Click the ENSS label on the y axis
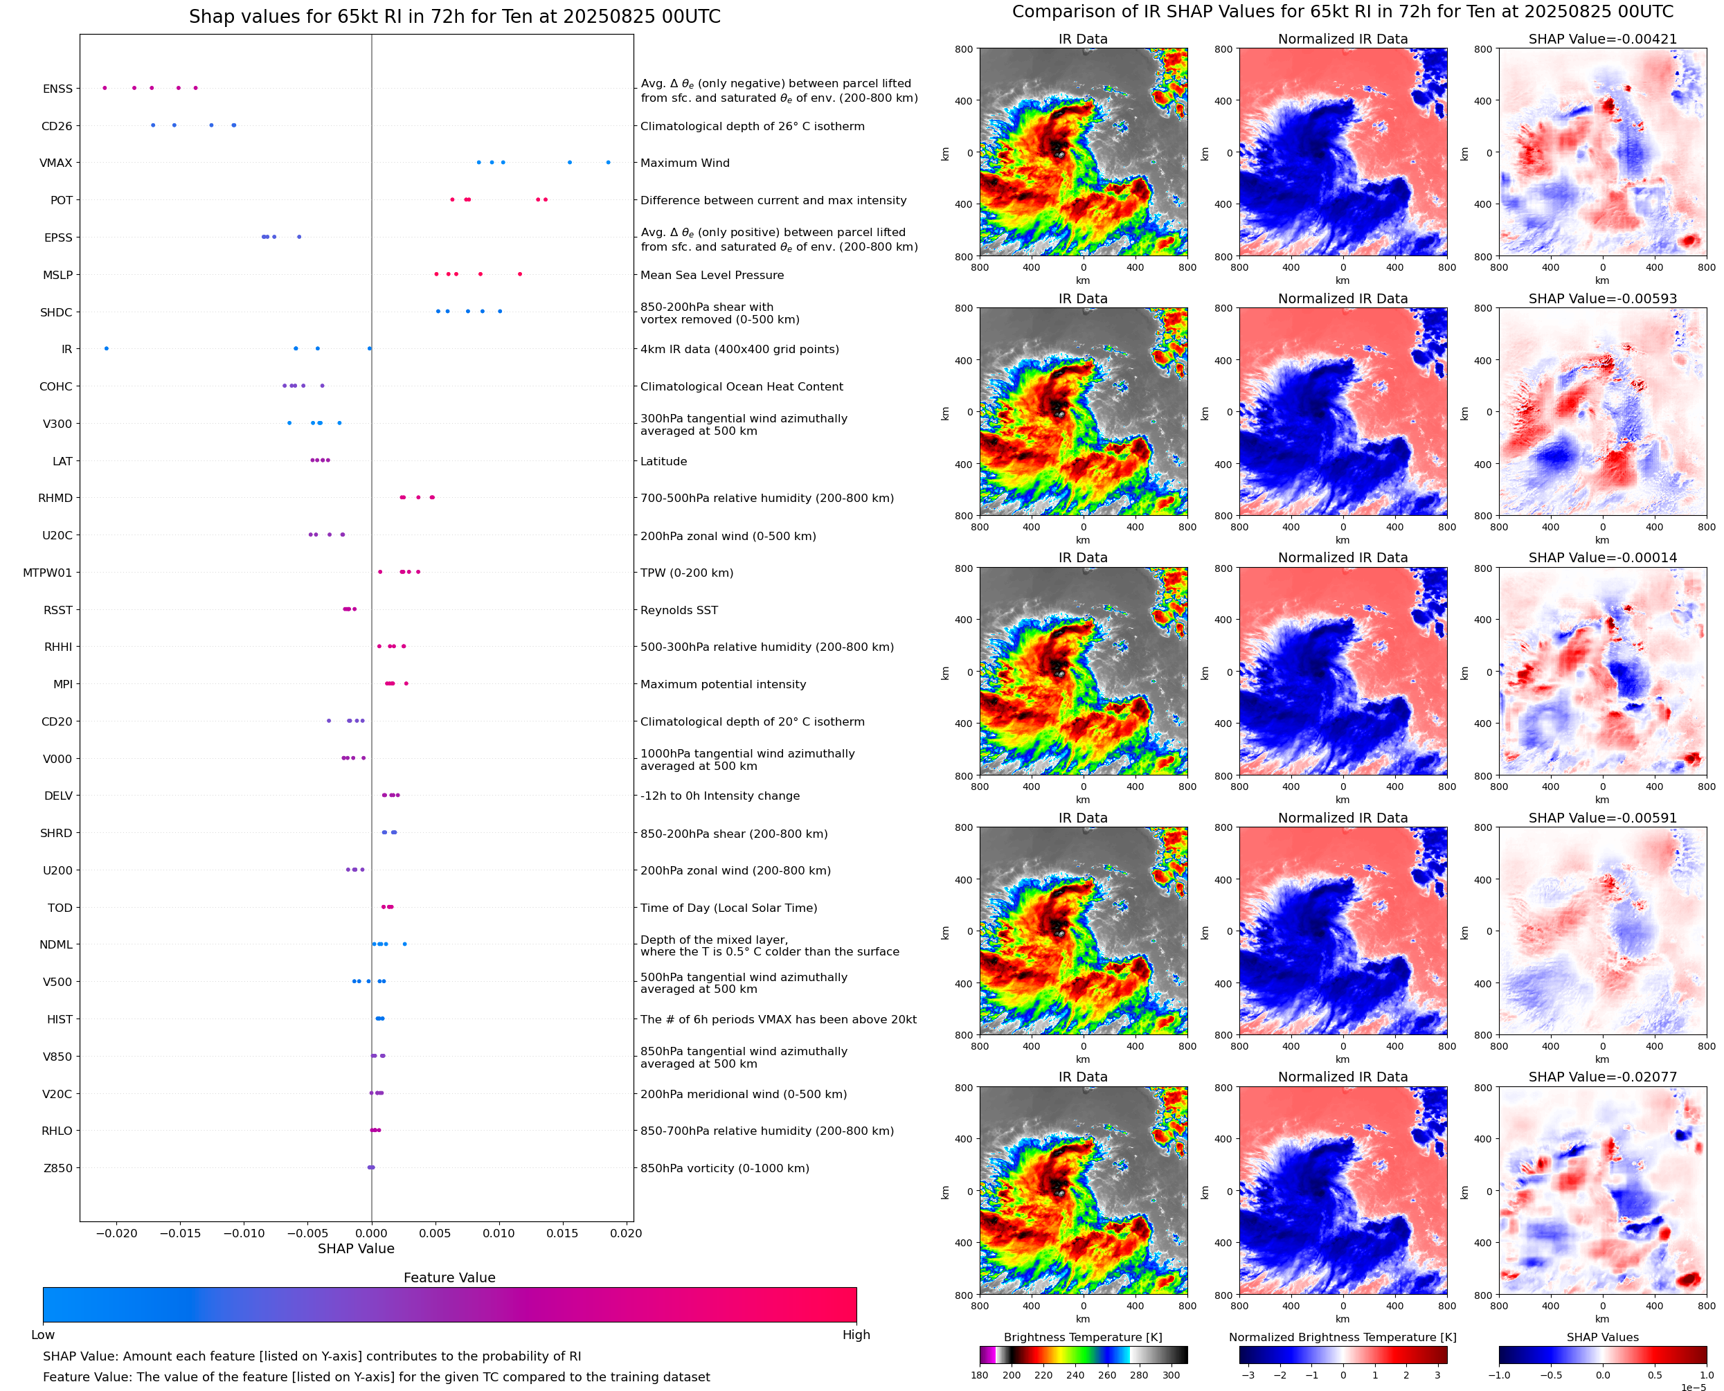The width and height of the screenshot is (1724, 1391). [57, 89]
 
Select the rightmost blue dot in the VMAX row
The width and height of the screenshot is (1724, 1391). [608, 163]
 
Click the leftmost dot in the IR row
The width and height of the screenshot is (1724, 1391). [107, 348]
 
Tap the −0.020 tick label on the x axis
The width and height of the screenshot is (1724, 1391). [116, 1233]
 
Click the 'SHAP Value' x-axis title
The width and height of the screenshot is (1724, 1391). [356, 1248]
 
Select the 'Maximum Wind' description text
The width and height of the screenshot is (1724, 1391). [685, 163]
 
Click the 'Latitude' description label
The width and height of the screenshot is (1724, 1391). [663, 462]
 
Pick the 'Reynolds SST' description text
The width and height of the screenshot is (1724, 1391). [679, 610]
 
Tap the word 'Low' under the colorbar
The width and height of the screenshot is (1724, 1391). [42, 1335]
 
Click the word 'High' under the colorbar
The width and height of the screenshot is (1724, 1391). [856, 1335]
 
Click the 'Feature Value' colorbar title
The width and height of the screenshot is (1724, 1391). [449, 1277]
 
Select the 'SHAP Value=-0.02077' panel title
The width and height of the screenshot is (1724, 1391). [1602, 1077]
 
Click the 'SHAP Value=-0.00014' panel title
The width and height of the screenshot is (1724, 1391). [1602, 557]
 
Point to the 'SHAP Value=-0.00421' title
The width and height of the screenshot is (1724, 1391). [1602, 39]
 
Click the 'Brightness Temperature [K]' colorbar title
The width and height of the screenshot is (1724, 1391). [1082, 1337]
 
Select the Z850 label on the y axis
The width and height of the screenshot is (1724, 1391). [57, 1168]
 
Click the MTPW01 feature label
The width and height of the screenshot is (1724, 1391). [47, 573]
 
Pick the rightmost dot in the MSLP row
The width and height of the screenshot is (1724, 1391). [520, 274]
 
